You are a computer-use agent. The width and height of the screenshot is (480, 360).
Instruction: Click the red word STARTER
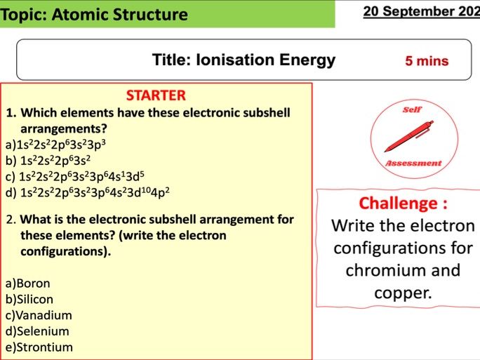156,95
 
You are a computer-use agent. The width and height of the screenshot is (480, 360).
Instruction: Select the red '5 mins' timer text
427,61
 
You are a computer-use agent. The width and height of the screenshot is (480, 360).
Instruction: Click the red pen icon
410,136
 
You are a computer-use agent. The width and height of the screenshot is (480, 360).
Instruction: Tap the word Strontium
44,347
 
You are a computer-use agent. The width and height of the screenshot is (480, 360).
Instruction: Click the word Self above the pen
411,109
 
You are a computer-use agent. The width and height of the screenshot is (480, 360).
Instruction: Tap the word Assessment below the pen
413,163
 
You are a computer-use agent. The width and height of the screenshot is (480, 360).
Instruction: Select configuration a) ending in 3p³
60,145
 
